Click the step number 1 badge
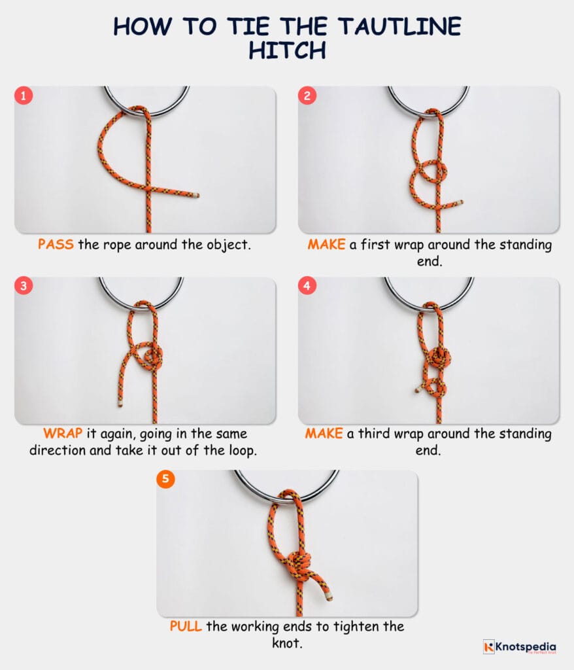24,96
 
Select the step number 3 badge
24,287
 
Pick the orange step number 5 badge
165,479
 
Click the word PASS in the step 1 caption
56,245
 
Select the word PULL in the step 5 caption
186,626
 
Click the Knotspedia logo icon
489,646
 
